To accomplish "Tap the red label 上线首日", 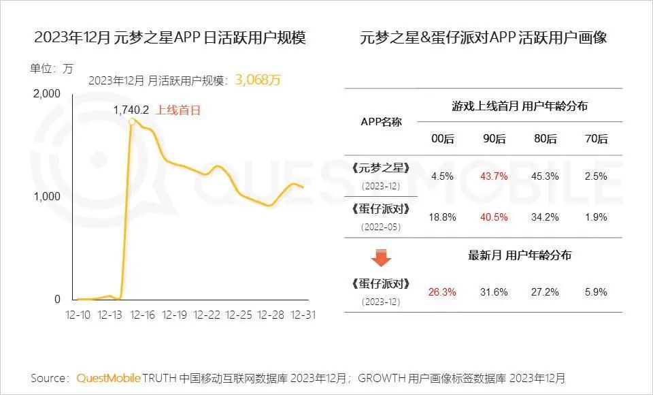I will pos(179,110).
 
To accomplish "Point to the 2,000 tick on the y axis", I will pos(47,93).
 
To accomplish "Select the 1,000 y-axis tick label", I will pos(47,196).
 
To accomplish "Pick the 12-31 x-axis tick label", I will pos(302,315).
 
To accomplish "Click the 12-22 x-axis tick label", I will pos(207,315).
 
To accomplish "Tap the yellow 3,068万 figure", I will pos(258,80).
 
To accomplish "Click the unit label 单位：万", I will pos(51,68).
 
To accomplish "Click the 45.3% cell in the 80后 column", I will pos(546,176).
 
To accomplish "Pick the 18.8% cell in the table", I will pos(443,217).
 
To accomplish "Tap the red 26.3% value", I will pos(443,292).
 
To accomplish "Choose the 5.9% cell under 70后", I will pos(596,292).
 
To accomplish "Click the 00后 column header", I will pos(443,139).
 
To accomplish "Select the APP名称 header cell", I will pos(381,122).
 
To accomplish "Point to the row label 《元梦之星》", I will pos(381,168).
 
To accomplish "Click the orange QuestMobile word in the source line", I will pos(108,377).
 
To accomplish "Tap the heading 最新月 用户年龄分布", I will pos(520,255).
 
